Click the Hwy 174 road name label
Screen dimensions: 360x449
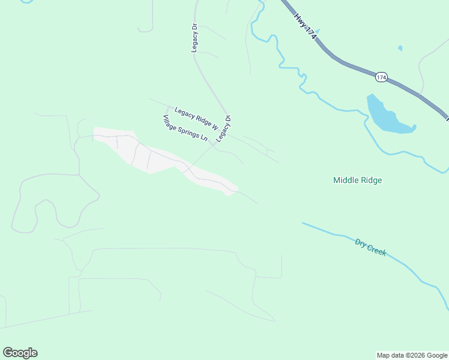point(305,28)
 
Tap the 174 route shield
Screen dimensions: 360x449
point(382,77)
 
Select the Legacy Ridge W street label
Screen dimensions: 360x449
point(196,118)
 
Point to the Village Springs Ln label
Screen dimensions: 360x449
point(184,128)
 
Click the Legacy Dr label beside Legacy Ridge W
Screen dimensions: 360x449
point(224,128)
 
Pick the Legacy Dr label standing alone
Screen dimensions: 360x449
point(195,38)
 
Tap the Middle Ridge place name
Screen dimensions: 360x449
point(358,180)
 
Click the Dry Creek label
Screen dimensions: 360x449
point(370,247)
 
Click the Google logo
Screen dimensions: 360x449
point(20,352)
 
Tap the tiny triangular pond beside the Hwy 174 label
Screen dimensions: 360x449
point(316,31)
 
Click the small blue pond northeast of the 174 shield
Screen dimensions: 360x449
point(400,48)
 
